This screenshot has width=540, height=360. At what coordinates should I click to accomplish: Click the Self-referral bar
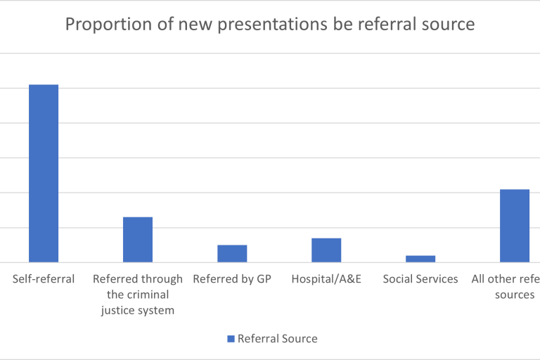pyautogui.click(x=44, y=173)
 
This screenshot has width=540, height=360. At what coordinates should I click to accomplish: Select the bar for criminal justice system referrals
pyautogui.click(x=138, y=239)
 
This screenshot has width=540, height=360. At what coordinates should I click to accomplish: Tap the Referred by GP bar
pyautogui.click(x=232, y=253)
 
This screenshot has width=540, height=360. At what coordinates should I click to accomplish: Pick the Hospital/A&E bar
pyautogui.click(x=326, y=250)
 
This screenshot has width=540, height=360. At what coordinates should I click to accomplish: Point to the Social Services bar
pyautogui.click(x=420, y=258)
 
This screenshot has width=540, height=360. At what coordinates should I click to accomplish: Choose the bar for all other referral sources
pyautogui.click(x=515, y=226)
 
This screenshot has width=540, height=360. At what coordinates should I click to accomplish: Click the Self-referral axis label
pyautogui.click(x=44, y=279)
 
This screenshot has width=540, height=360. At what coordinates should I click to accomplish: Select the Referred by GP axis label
pyautogui.click(x=232, y=279)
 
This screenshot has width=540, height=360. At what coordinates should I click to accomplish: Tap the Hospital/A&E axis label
pyautogui.click(x=326, y=279)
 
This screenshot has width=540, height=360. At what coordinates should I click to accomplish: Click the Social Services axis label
pyautogui.click(x=420, y=279)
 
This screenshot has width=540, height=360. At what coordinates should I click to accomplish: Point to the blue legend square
pyautogui.click(x=231, y=339)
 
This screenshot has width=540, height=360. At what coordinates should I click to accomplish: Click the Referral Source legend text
pyautogui.click(x=278, y=339)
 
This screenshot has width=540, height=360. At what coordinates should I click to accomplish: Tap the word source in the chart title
pyautogui.click(x=446, y=25)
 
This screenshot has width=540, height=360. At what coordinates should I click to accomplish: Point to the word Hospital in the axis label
pyautogui.click(x=314, y=279)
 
